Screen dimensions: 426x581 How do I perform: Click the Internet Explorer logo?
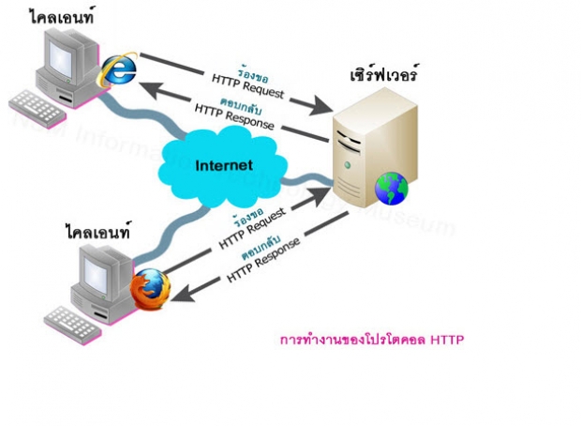tap(118, 70)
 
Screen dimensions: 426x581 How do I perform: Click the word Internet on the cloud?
tap(224, 165)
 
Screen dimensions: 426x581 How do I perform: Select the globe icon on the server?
tap(391, 189)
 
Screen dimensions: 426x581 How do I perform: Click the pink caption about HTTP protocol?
tap(372, 340)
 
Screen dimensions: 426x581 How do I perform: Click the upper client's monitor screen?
tap(64, 54)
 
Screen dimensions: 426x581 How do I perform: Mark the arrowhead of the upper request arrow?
tap(321, 102)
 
